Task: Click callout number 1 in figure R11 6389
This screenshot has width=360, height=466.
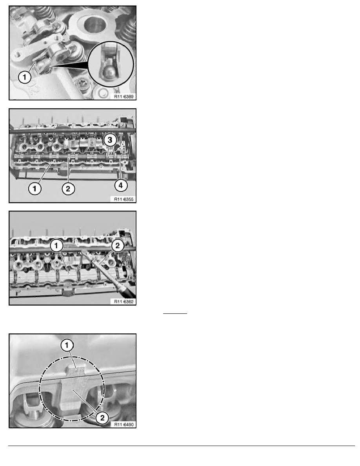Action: (25, 77)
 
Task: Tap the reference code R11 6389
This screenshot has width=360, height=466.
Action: (124, 96)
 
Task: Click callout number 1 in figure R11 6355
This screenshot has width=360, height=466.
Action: (35, 188)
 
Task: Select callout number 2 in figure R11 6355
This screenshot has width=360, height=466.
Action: (68, 188)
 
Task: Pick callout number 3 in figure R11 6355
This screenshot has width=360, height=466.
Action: (110, 140)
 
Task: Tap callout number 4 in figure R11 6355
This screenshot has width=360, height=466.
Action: (121, 186)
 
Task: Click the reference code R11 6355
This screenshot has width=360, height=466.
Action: (124, 199)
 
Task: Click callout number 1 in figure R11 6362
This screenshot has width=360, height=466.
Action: (56, 246)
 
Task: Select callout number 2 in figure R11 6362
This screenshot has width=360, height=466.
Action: (118, 246)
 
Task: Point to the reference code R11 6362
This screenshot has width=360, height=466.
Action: (124, 301)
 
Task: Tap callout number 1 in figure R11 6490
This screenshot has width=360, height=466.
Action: (67, 345)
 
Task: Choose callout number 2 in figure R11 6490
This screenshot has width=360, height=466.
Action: (102, 418)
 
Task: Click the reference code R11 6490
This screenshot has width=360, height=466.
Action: (124, 424)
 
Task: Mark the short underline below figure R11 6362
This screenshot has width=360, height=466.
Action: (175, 313)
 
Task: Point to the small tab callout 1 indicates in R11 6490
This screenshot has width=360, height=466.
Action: (75, 370)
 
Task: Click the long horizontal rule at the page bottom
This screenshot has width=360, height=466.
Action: (182, 446)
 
